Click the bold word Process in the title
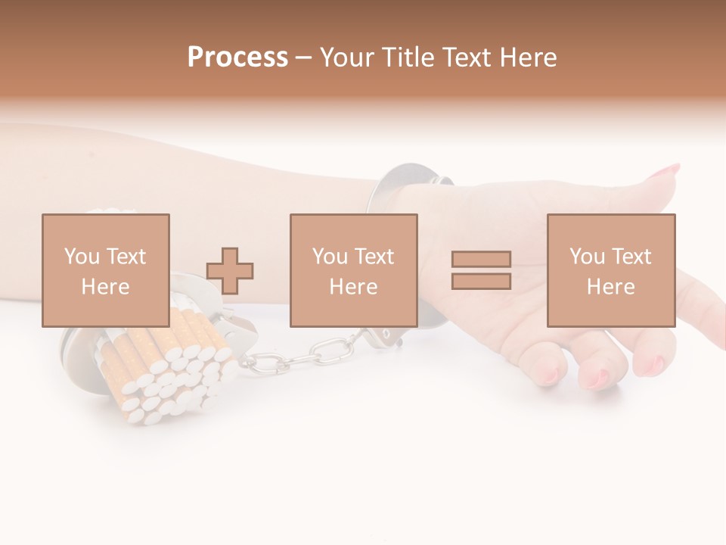point(237,58)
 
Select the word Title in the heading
point(408,58)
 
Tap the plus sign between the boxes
point(230,271)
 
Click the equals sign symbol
point(481,270)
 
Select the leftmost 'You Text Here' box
point(106,270)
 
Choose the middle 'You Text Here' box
point(354,270)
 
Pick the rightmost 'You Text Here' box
point(611,270)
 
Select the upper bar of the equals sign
point(481,259)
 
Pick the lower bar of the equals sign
point(481,282)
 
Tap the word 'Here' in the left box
point(105,287)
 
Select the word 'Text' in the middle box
point(374,257)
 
